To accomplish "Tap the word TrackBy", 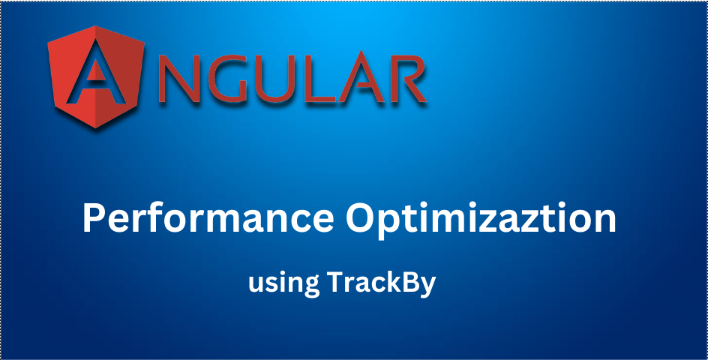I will [382, 283].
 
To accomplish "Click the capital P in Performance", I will [93, 219].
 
